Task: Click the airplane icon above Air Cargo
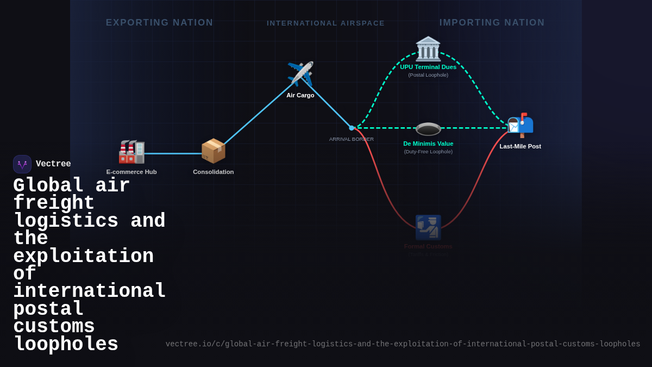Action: [x=300, y=74]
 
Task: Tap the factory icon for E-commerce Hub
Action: [x=131, y=152]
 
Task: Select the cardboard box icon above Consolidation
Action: [x=213, y=151]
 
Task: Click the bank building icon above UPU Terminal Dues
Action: [x=428, y=49]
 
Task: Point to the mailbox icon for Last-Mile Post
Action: [x=521, y=125]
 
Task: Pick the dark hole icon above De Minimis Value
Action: [x=428, y=129]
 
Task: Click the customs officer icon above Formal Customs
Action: [x=428, y=227]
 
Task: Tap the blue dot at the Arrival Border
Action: [x=352, y=128]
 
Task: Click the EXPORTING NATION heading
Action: [x=160, y=23]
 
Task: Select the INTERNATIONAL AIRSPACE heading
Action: [x=325, y=23]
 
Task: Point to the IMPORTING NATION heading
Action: [x=492, y=23]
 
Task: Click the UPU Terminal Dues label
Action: [x=428, y=67]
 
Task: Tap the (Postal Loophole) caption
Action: [x=428, y=75]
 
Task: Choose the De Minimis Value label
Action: [x=428, y=144]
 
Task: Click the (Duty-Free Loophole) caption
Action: [x=428, y=152]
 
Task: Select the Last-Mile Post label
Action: [x=520, y=146]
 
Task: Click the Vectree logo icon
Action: [x=22, y=164]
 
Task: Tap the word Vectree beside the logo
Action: [x=53, y=164]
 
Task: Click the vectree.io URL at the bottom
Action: [x=403, y=344]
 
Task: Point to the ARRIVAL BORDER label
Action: [x=352, y=139]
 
